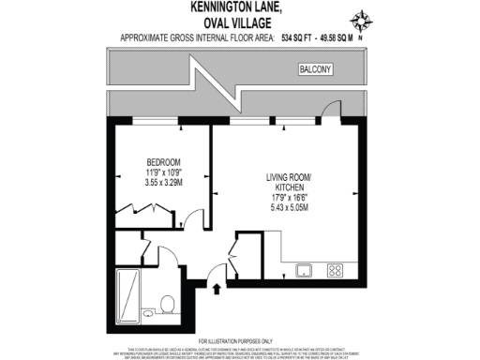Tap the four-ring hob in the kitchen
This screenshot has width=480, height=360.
335,270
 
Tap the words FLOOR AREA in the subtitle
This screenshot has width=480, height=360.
240,37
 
